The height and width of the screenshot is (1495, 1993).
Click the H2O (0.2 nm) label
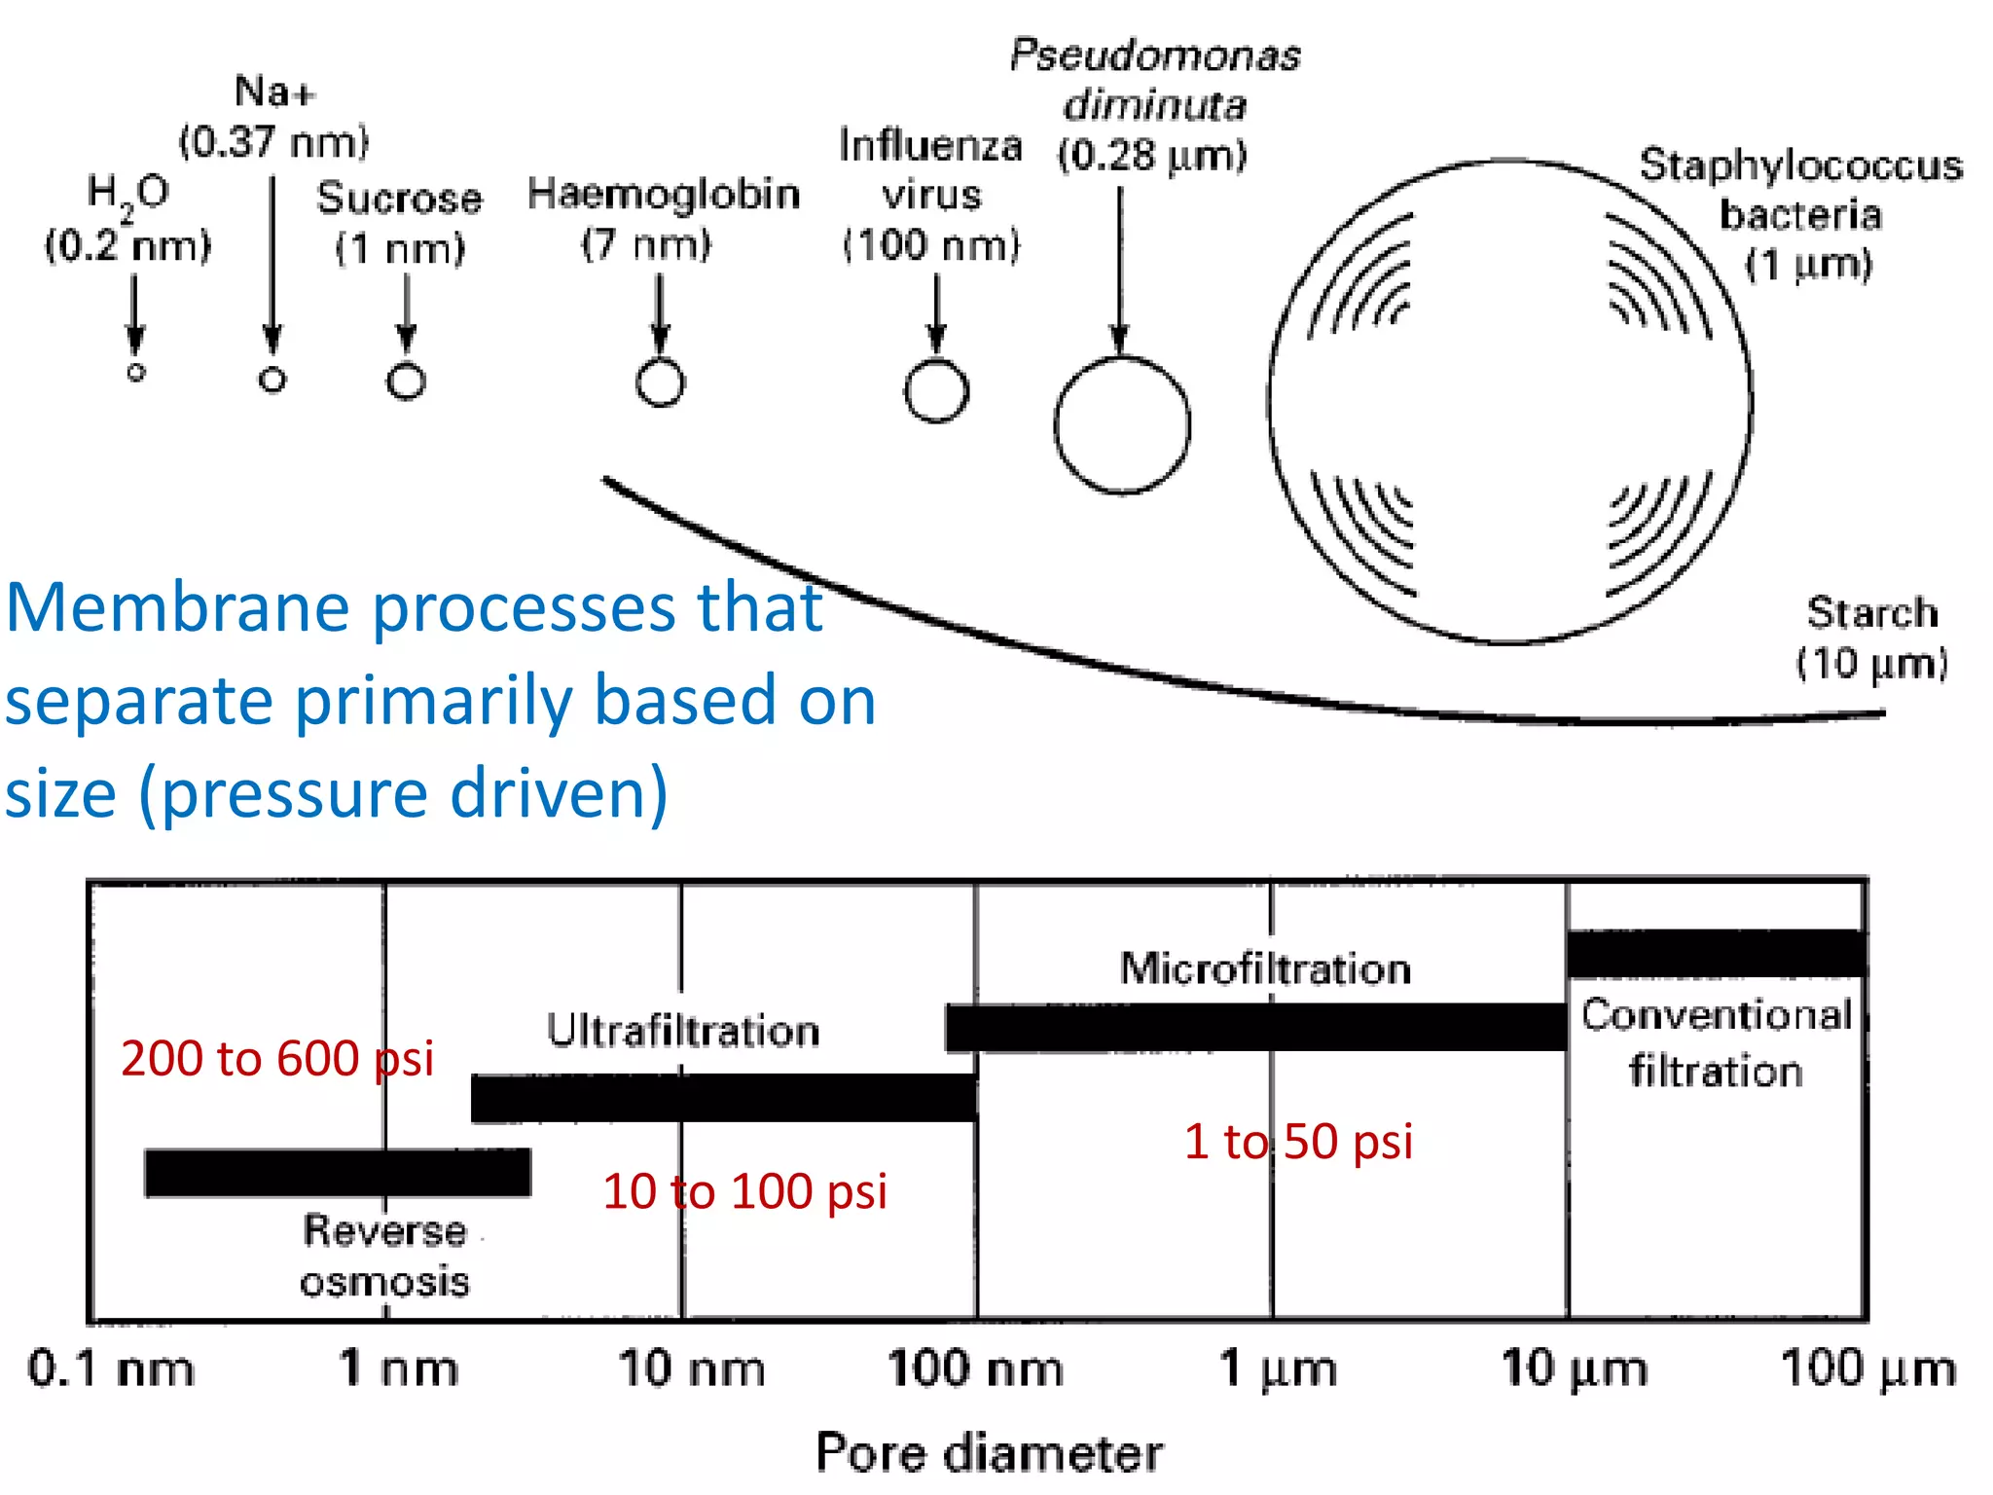[127, 219]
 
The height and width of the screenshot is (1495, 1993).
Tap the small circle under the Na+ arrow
[272, 380]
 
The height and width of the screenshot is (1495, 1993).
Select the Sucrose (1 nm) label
[400, 223]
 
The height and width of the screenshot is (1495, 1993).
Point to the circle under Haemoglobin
[661, 383]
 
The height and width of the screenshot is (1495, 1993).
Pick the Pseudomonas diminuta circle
[1122, 425]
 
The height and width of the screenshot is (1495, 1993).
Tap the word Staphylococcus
[1800, 165]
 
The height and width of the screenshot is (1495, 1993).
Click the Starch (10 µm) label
[1871, 638]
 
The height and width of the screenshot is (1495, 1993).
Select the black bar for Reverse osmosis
[338, 1173]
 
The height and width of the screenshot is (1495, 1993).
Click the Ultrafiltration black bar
[724, 1098]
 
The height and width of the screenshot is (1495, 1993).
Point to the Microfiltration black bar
[1255, 1028]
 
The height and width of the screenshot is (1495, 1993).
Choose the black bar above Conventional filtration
[1717, 954]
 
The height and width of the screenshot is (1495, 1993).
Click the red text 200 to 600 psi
[277, 1058]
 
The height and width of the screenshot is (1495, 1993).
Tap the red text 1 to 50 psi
[1298, 1141]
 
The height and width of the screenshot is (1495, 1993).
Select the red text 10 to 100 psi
[744, 1191]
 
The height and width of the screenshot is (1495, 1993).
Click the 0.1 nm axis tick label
[110, 1368]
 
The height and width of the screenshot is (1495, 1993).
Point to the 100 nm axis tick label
[975, 1368]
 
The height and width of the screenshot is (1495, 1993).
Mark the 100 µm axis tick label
[1867, 1368]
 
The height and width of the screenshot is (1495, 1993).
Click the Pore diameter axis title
[989, 1453]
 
